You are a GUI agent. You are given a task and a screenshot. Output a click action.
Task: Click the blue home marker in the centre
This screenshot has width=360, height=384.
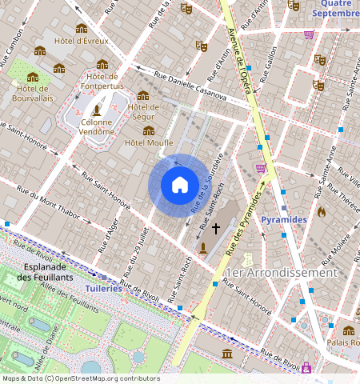point(180,185)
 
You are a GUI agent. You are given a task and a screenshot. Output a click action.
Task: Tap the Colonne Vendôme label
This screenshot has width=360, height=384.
point(97,127)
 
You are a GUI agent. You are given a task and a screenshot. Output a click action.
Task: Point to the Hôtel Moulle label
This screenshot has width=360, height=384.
point(149,142)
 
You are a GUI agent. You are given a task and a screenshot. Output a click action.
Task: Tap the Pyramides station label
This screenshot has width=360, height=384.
point(283,218)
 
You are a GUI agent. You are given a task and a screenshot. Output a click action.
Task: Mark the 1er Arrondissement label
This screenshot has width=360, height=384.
point(281,273)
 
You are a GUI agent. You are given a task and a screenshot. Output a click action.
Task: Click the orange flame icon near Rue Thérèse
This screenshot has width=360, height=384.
point(322,213)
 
